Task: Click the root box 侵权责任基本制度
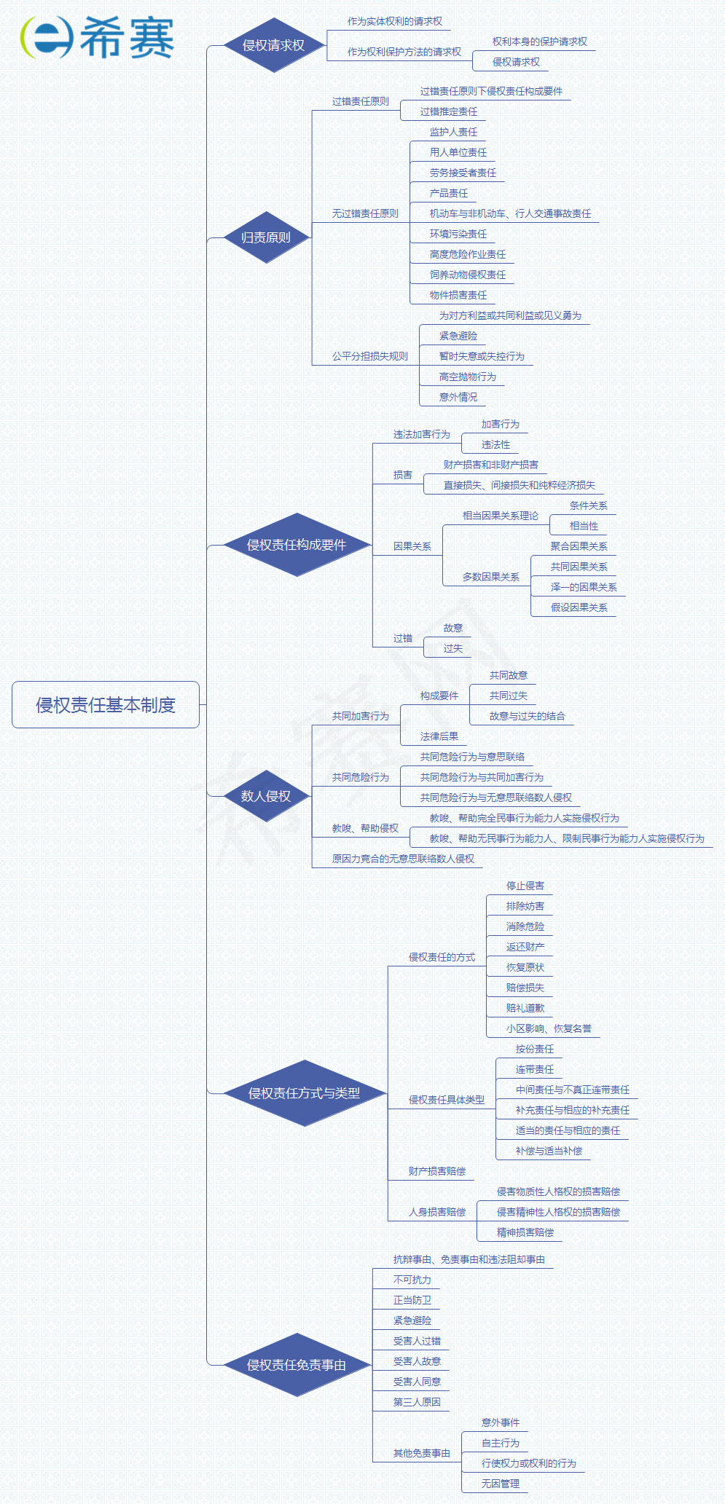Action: tap(106, 704)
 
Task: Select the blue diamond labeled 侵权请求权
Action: tap(273, 45)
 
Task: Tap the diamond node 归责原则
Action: tap(266, 237)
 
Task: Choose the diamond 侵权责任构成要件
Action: tap(296, 545)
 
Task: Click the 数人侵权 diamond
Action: tap(266, 796)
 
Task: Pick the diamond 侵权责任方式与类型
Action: tap(304, 1093)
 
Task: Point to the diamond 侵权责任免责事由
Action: tap(296, 1365)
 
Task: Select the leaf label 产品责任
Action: tap(449, 193)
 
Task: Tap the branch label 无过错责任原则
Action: tap(365, 213)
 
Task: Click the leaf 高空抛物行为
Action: tap(467, 377)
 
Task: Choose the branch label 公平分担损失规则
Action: tap(369, 356)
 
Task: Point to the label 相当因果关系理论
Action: tap(500, 516)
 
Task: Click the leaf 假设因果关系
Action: tap(579, 607)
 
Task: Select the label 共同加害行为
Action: tap(360, 716)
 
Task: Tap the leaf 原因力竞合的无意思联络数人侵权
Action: tap(403, 859)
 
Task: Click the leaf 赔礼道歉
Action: tap(525, 1008)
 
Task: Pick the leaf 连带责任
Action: tap(534, 1069)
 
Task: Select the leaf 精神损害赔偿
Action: tap(525, 1232)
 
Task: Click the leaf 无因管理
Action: tap(500, 1484)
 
